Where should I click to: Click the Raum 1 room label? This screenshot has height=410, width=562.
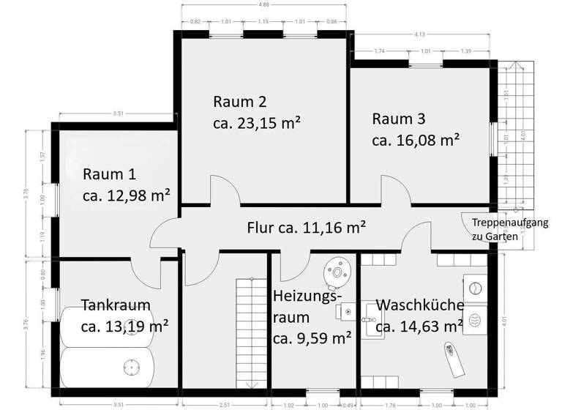[x=109, y=175]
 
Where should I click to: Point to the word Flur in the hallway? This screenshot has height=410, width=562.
[x=262, y=228]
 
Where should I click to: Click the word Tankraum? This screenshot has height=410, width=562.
[x=115, y=305]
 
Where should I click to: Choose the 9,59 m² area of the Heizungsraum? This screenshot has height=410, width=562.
[x=312, y=338]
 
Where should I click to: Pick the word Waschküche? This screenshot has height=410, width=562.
[x=419, y=305]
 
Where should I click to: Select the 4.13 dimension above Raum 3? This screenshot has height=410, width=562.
[x=420, y=34]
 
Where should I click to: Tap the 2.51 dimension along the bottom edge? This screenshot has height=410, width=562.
[x=225, y=404]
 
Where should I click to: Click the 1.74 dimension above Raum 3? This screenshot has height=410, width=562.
[x=379, y=52]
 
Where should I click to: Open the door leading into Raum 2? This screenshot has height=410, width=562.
[x=223, y=192]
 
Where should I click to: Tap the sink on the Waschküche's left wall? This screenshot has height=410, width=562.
[x=370, y=316]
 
